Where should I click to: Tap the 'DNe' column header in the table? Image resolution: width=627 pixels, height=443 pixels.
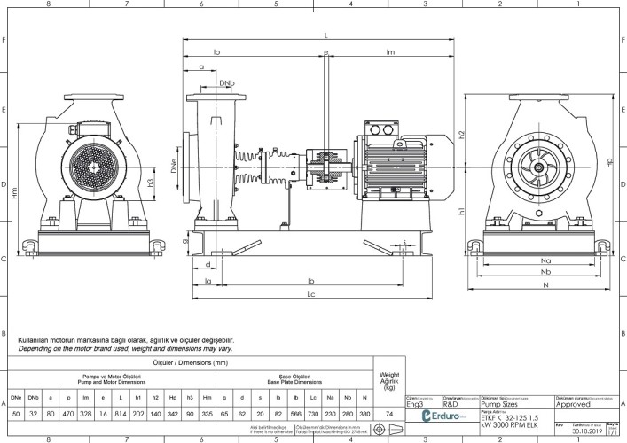(x=16, y=396)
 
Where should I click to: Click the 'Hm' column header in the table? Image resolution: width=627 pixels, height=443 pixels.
(x=207, y=396)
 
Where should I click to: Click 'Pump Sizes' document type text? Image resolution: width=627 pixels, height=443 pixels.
(x=502, y=403)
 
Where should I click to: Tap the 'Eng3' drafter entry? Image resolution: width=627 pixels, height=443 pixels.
(x=415, y=403)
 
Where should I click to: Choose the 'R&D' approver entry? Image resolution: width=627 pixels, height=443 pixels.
(x=450, y=403)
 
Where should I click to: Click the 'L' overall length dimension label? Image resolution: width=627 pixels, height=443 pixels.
(x=326, y=35)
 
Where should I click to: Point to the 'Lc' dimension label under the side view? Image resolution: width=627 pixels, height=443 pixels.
(x=310, y=293)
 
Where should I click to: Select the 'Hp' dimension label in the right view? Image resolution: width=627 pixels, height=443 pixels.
(x=608, y=163)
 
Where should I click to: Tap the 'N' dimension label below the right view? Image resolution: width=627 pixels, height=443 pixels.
(x=545, y=286)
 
